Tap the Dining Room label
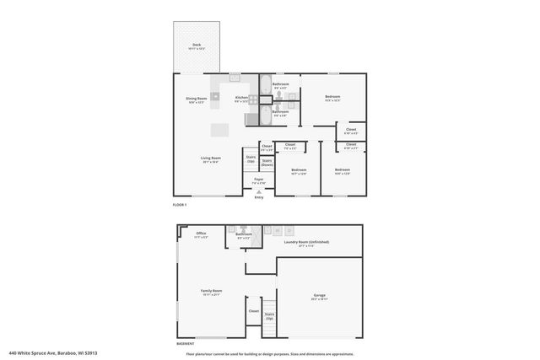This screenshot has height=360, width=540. (197, 99)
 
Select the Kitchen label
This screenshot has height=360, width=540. (241, 99)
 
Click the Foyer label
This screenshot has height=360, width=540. (259, 180)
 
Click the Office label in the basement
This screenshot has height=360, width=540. (202, 234)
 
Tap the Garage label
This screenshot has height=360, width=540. (320, 296)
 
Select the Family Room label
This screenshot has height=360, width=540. (211, 294)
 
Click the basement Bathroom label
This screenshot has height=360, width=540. (243, 235)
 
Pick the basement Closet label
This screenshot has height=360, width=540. (253, 310)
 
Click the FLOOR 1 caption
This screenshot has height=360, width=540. (180, 205)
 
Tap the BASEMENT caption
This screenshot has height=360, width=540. (186, 344)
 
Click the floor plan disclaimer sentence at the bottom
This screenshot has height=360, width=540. (271, 353)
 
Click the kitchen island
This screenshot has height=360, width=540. (219, 131)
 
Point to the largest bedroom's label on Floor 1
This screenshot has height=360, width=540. (332, 98)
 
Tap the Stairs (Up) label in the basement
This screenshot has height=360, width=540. (269, 318)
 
